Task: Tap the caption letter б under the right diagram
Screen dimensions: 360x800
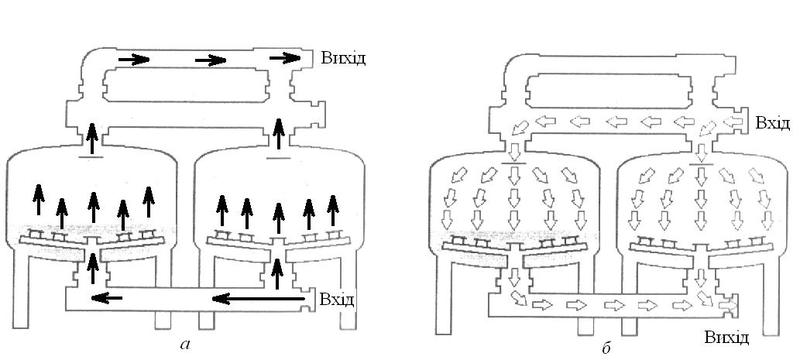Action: (606, 348)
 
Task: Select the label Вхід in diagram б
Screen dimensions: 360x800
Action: (773, 123)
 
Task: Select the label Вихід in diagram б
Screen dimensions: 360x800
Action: (726, 337)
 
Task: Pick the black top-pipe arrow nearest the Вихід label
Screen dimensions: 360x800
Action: (285, 57)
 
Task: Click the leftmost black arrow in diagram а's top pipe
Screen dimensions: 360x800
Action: (134, 59)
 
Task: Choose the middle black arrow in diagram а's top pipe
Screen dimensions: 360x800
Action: (210, 59)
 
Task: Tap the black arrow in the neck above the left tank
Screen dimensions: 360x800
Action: (92, 139)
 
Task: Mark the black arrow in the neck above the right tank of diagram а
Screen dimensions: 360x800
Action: (277, 139)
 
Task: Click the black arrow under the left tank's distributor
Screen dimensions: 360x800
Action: (92, 269)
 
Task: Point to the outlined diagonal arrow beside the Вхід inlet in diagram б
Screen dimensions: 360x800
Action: (708, 128)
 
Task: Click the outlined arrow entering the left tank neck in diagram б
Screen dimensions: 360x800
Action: (514, 148)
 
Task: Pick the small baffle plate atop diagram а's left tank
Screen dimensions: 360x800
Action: (92, 160)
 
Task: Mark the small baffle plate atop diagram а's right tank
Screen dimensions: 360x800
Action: (277, 160)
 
